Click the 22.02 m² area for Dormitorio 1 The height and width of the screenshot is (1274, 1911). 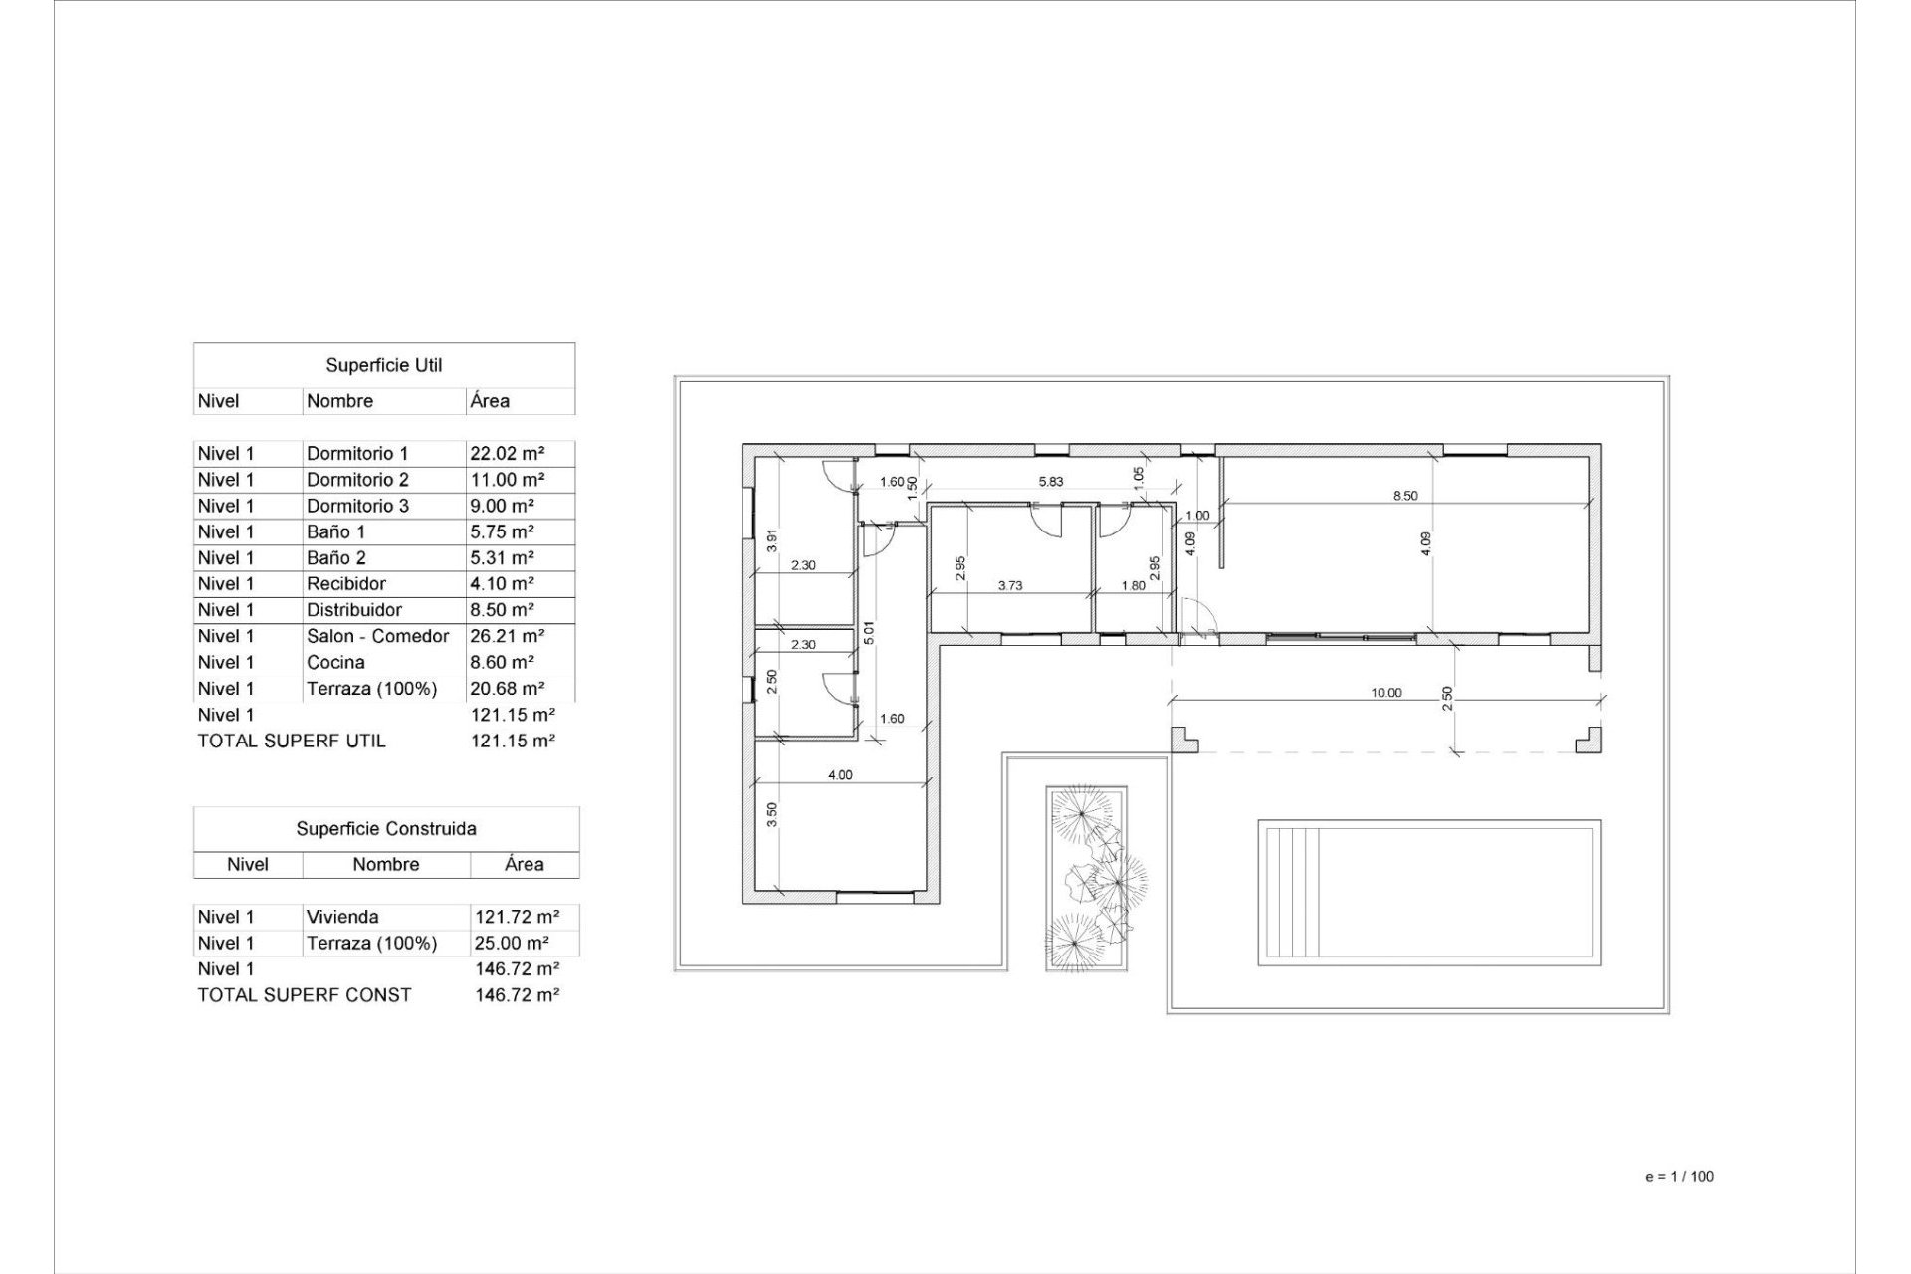point(507,453)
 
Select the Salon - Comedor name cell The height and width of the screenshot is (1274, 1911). point(377,636)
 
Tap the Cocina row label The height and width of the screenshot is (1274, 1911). point(335,662)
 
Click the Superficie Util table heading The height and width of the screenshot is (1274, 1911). point(384,365)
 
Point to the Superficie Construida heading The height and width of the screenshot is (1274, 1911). point(386,828)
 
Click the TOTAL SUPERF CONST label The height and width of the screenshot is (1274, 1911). point(305,994)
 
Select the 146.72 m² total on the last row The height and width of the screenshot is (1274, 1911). point(517,994)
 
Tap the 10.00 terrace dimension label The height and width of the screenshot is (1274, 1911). point(1385,692)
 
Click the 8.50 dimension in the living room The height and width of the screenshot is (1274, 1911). point(1404,495)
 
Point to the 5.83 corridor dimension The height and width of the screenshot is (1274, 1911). point(1051,481)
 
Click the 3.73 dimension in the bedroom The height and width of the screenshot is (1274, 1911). point(1010,585)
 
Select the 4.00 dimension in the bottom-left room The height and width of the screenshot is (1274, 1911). point(840,774)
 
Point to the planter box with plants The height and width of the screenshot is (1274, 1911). point(1087,878)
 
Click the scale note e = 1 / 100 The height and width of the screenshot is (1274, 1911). point(1679,1176)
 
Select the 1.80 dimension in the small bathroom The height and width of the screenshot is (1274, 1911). point(1133,585)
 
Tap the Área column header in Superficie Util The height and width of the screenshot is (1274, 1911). point(490,401)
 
